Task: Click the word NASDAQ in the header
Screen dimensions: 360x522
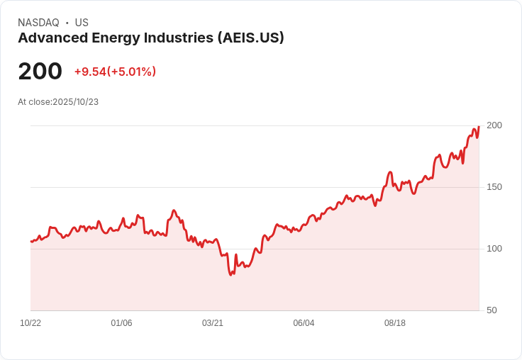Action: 38,23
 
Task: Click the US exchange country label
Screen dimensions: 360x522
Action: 82,23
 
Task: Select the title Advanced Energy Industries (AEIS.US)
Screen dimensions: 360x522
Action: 151,38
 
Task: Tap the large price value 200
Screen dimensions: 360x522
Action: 40,72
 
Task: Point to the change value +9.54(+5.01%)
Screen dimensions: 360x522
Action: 115,72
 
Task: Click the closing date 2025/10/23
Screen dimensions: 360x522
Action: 76,102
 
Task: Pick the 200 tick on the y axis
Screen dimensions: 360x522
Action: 494,125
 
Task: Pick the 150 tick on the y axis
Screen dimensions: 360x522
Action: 494,187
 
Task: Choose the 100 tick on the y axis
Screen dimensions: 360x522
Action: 494,249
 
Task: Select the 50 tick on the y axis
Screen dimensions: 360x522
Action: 492,310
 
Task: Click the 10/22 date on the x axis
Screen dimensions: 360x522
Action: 30,323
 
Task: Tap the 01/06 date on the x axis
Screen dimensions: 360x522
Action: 121,323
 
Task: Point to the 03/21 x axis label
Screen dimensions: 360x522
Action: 213,323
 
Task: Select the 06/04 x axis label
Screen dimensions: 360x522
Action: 304,323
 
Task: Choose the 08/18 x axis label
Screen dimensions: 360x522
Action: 395,323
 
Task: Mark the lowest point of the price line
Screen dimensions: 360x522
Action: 231,274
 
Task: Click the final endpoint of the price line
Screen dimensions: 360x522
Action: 479,127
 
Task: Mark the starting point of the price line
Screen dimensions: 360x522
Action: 31,242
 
